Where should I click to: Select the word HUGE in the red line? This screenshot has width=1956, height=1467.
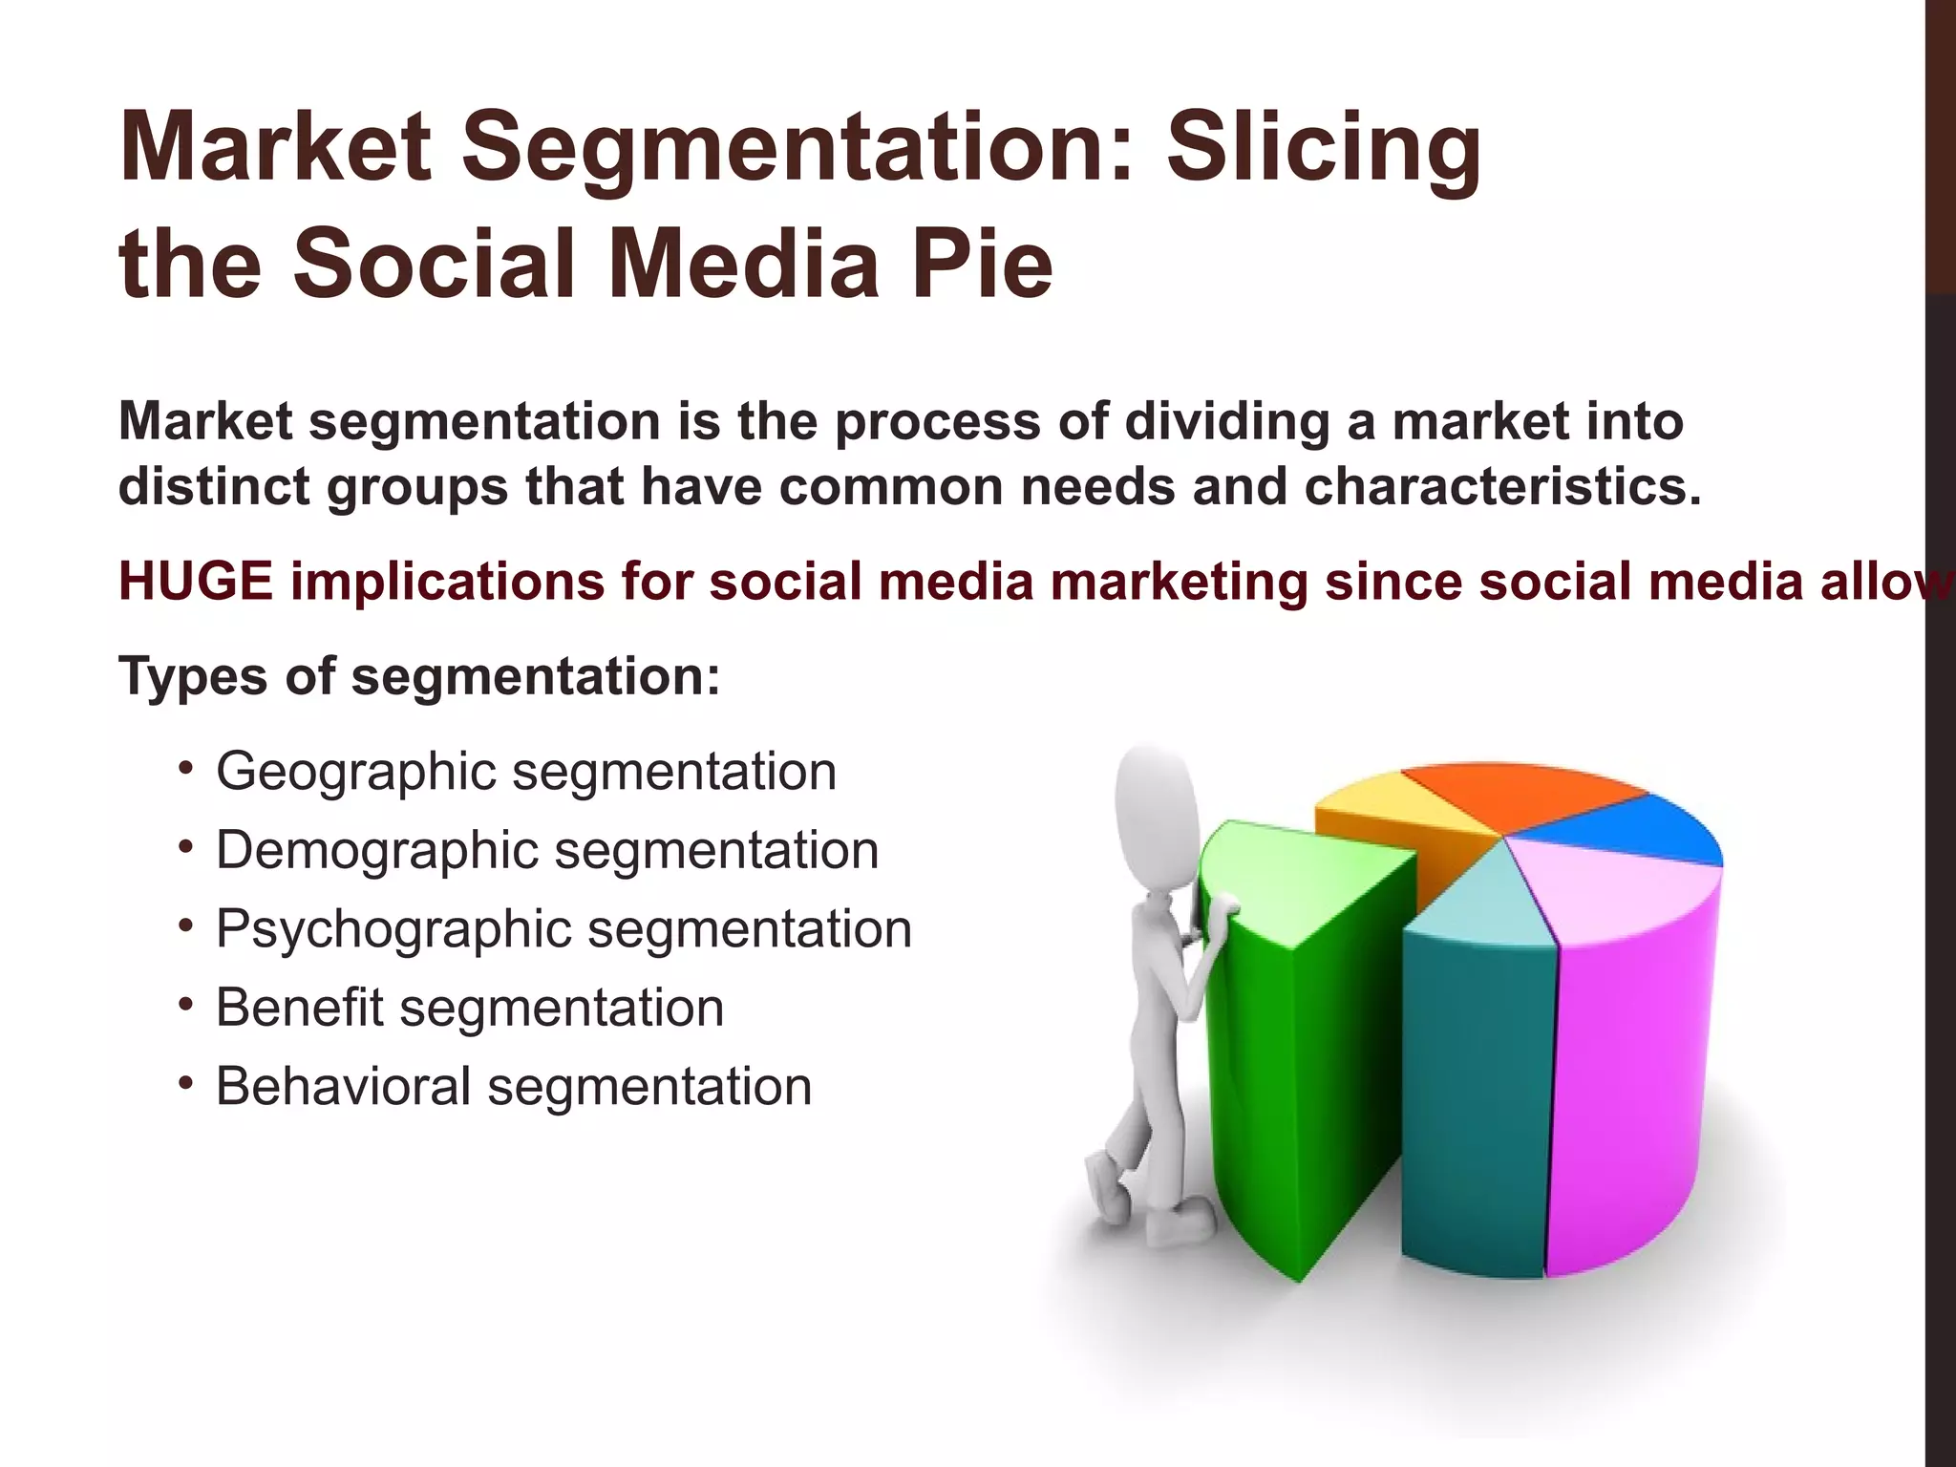pos(196,582)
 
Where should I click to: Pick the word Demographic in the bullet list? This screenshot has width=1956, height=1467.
pos(377,850)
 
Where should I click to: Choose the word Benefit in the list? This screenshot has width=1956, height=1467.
pos(299,1008)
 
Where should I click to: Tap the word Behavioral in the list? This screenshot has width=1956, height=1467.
pos(343,1087)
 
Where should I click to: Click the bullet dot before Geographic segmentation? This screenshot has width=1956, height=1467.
pos(186,768)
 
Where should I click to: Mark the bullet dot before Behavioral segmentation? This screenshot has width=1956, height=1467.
pos(186,1083)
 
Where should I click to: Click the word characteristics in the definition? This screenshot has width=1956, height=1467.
pos(1502,487)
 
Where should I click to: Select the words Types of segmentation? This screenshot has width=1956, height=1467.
pos(418,677)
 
